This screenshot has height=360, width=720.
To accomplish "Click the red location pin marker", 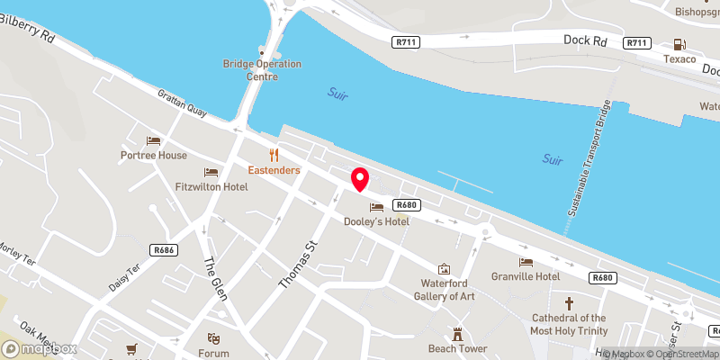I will click(x=360, y=179).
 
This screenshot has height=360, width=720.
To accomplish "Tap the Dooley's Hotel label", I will click(x=376, y=221).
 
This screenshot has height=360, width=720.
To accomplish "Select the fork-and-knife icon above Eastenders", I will click(x=274, y=155).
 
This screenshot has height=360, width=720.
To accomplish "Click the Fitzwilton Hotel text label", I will click(x=211, y=187).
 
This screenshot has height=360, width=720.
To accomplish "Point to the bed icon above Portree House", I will click(x=154, y=141).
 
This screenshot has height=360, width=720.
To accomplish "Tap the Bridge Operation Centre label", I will click(x=262, y=69).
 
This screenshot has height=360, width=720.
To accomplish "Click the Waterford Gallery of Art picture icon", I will click(x=443, y=268).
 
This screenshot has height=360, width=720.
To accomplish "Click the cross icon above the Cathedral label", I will click(x=568, y=304).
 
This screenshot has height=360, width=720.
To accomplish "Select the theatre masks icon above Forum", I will click(x=213, y=338).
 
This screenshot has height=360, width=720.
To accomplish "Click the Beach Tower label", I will click(x=457, y=348).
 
